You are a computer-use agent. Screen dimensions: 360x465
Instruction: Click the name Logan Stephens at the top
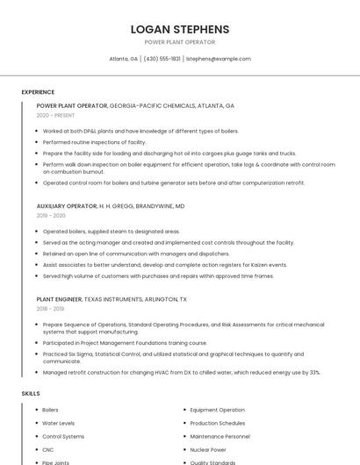[x=179, y=29]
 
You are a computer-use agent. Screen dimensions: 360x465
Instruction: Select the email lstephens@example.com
[x=218, y=59]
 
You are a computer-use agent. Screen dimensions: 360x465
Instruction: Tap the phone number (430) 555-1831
[x=162, y=59]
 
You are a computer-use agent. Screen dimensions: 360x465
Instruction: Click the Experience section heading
[x=38, y=92]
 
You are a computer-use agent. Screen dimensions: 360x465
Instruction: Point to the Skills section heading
[x=31, y=394]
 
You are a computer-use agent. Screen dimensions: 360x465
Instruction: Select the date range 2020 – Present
[x=55, y=115]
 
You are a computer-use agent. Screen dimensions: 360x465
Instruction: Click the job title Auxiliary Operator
[x=67, y=206]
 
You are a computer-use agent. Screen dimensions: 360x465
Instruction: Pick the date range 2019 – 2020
[x=51, y=215]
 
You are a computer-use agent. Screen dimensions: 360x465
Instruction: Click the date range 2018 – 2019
[x=50, y=309]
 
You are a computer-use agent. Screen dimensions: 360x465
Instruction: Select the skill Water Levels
[x=58, y=423]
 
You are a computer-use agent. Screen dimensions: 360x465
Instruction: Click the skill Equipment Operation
[x=217, y=410]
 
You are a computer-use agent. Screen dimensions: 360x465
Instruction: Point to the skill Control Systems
[x=63, y=436]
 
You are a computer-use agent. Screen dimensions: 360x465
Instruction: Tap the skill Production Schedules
[x=218, y=423]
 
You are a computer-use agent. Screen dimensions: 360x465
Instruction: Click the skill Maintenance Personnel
[x=220, y=436]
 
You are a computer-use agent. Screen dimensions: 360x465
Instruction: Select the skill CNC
[x=48, y=449]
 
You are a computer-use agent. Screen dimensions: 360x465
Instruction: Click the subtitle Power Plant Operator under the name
[x=179, y=42]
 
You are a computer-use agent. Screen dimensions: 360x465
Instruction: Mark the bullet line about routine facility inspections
[x=94, y=142]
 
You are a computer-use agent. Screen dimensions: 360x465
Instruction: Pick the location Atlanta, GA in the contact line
[x=123, y=59]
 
